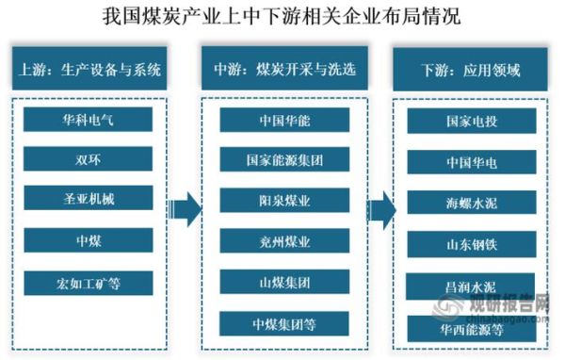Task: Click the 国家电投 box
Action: click(x=472, y=121)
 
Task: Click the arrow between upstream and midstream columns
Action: click(x=189, y=207)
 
